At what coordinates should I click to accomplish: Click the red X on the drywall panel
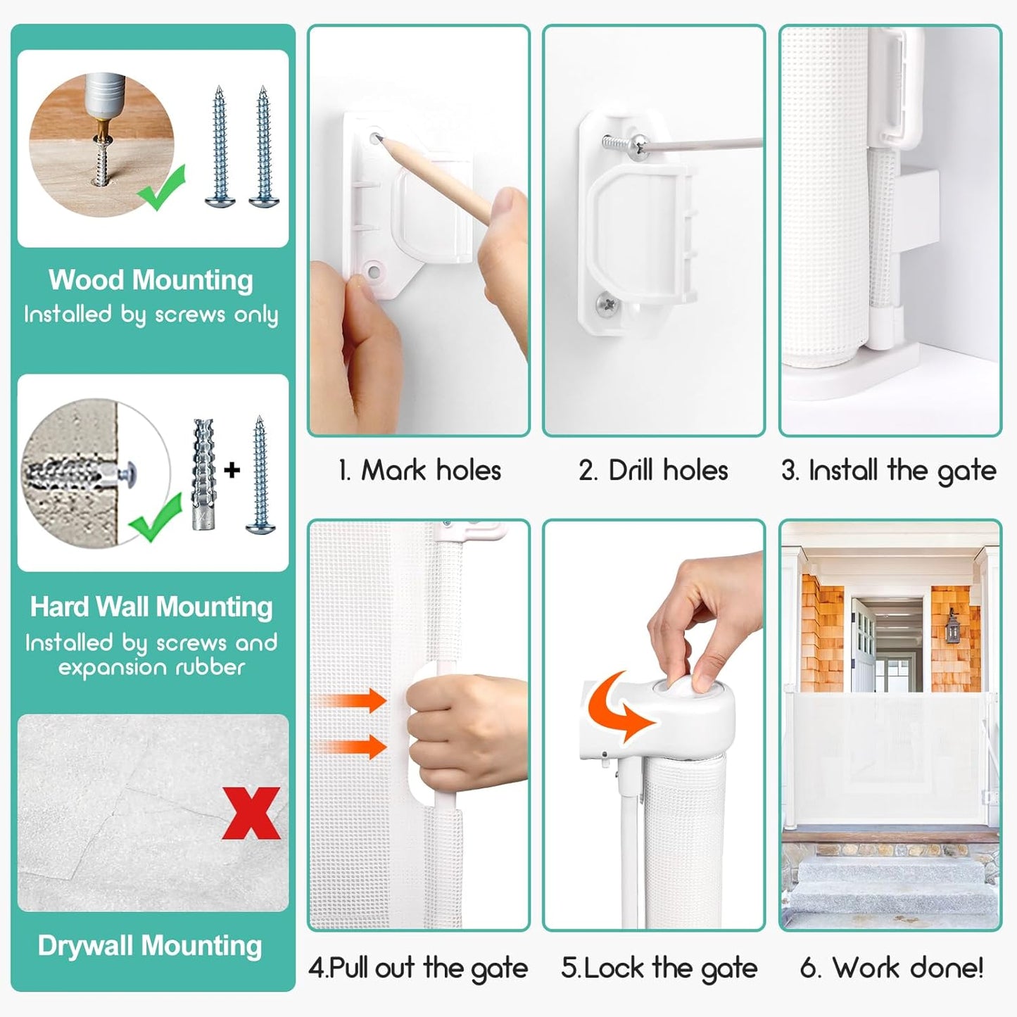[251, 813]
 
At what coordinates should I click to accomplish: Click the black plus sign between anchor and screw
[232, 469]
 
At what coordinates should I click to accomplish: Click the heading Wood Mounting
[151, 279]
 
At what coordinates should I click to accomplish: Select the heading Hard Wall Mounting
[151, 607]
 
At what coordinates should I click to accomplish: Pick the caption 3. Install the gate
[889, 471]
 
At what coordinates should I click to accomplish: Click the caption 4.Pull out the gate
[418, 968]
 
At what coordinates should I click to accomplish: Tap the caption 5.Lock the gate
[659, 968]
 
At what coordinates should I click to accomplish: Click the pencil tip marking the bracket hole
[377, 139]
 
